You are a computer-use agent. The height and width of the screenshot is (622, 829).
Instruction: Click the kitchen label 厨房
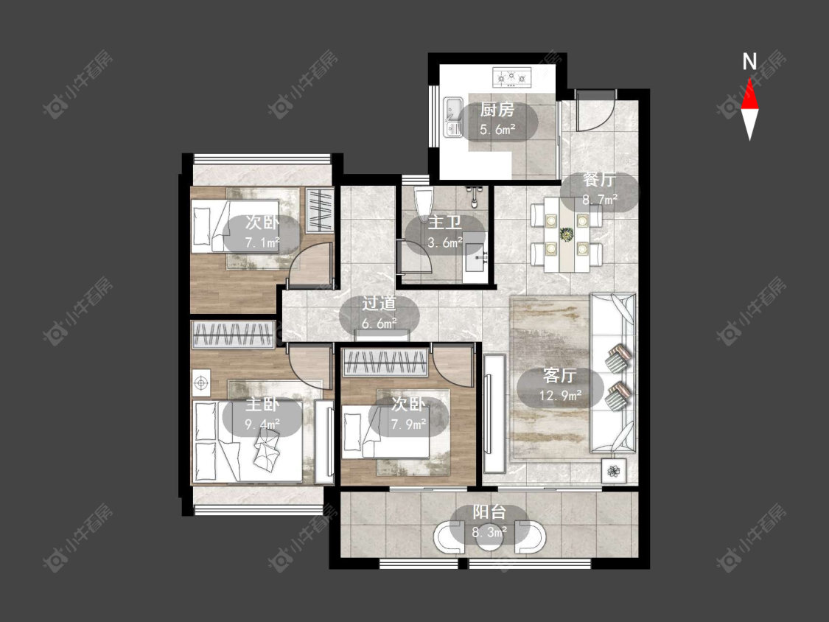click(x=497, y=110)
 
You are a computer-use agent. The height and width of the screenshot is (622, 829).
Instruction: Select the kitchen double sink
click(x=452, y=116)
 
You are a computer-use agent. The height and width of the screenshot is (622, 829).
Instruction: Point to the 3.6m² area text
click(x=444, y=242)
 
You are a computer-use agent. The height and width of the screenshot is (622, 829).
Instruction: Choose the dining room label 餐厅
click(x=599, y=180)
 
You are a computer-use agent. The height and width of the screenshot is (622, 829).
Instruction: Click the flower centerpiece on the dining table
click(x=567, y=234)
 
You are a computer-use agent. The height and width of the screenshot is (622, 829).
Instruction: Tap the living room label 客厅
click(x=559, y=376)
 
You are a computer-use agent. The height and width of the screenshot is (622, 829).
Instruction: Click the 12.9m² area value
click(x=561, y=395)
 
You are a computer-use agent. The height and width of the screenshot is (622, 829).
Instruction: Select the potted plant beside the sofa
click(x=614, y=470)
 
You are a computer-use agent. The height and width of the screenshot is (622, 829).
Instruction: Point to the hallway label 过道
click(x=379, y=304)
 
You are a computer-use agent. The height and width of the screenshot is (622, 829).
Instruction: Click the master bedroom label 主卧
click(x=262, y=405)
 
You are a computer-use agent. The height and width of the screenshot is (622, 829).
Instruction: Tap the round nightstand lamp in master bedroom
click(x=201, y=383)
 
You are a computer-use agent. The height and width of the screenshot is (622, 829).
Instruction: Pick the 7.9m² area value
click(x=409, y=424)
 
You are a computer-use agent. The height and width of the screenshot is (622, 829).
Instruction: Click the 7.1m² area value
click(x=262, y=242)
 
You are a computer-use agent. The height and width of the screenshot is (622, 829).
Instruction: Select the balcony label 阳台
click(x=489, y=512)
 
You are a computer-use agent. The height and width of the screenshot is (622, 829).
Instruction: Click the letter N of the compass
click(x=749, y=62)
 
